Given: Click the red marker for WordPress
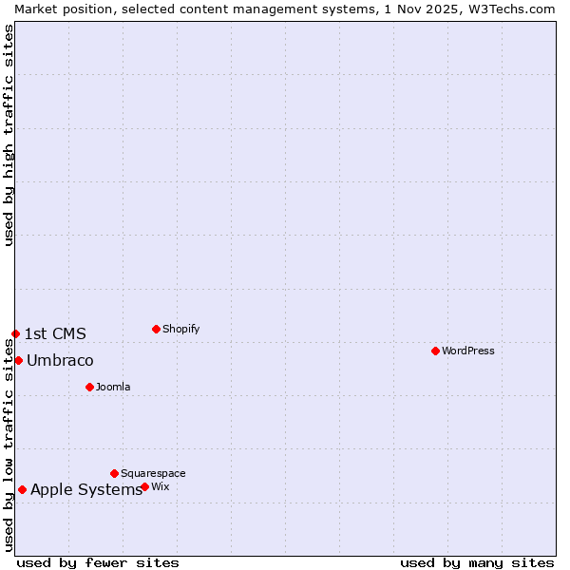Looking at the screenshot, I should click(435, 351).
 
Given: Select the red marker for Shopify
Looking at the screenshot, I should click(156, 329).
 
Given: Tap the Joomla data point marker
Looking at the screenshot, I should click(89, 387).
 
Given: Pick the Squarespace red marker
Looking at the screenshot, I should click(114, 473).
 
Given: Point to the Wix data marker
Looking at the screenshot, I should click(144, 486).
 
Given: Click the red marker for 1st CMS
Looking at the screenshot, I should click(15, 333).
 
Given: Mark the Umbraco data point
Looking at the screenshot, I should click(18, 360).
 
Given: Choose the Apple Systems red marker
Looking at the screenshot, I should click(22, 489).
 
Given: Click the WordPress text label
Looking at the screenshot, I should click(468, 351).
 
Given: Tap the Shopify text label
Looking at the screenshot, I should click(181, 329).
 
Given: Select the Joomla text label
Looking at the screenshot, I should click(113, 387).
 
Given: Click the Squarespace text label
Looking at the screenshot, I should click(153, 473).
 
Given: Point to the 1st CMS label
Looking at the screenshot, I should click(55, 333).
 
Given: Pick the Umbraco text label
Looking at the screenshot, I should click(60, 360).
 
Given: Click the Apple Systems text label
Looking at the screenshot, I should click(86, 489).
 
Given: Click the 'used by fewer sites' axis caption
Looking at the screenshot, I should click(98, 562).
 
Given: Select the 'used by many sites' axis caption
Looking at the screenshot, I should click(477, 562).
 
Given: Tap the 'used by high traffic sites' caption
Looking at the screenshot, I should click(9, 135).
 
